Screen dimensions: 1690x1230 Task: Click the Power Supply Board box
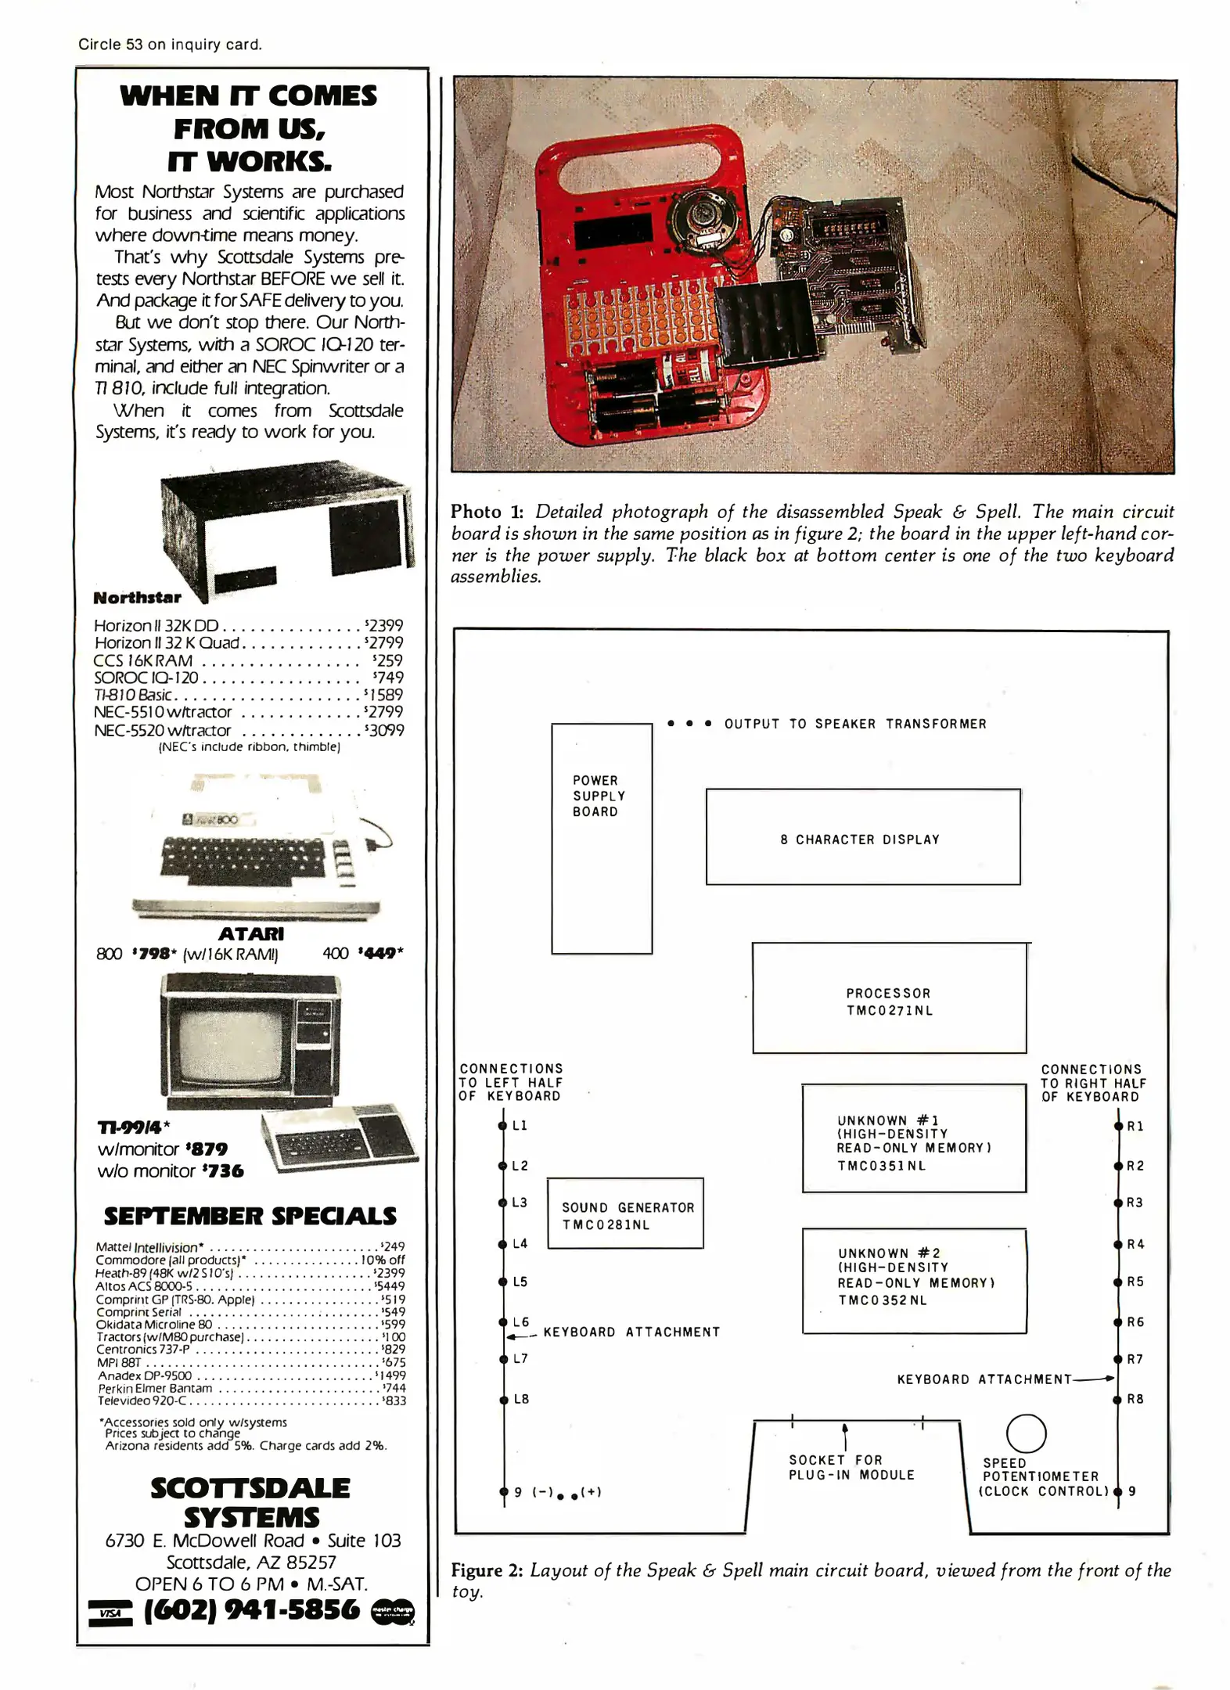(601, 838)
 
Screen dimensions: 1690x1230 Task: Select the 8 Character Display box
(862, 836)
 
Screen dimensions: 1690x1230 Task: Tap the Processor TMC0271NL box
(889, 998)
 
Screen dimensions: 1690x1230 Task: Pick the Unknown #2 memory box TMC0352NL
(914, 1280)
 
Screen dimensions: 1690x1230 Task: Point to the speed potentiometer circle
(1026, 1434)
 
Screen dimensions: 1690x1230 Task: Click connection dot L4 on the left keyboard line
(503, 1244)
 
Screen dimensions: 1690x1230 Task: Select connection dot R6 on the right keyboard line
(1118, 1322)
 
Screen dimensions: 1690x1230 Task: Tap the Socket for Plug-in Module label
(851, 1467)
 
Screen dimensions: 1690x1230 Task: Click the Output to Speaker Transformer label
(854, 724)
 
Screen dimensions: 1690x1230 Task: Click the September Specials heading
(250, 1215)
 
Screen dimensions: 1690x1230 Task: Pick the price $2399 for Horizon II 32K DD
(384, 625)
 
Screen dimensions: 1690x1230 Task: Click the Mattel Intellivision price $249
(392, 1247)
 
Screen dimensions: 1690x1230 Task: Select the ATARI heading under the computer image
(250, 933)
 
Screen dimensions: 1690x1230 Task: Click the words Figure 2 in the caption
(487, 1570)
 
